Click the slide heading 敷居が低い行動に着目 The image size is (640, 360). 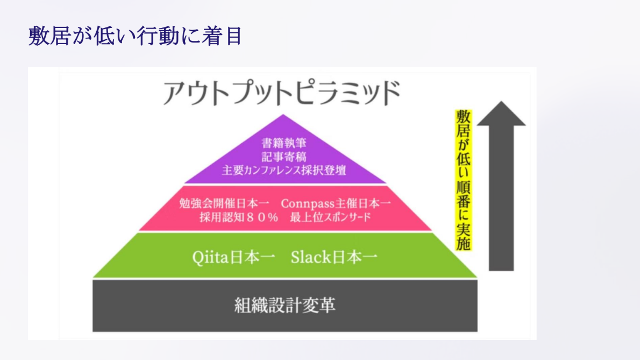[x=135, y=36]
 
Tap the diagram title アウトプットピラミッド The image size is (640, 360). [x=282, y=93]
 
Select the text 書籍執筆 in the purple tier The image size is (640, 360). [x=283, y=143]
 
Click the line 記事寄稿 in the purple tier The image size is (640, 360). [x=283, y=157]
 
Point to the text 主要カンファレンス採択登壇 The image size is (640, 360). [x=283, y=170]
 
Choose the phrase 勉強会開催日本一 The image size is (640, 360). [x=224, y=203]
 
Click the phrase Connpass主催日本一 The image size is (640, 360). [x=336, y=203]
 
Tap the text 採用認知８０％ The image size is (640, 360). [x=239, y=217]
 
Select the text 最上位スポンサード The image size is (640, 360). [x=331, y=217]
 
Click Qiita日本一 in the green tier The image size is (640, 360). [x=233, y=258]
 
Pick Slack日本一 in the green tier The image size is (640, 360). [x=334, y=257]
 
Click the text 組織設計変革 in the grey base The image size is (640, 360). [x=285, y=305]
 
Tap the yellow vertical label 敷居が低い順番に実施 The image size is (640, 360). [x=464, y=180]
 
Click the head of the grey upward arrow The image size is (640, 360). [x=501, y=115]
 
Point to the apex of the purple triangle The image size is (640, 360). [x=283, y=115]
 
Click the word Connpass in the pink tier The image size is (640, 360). [x=308, y=203]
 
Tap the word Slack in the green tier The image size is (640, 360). [x=311, y=257]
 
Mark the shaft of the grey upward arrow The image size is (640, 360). [x=501, y=198]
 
